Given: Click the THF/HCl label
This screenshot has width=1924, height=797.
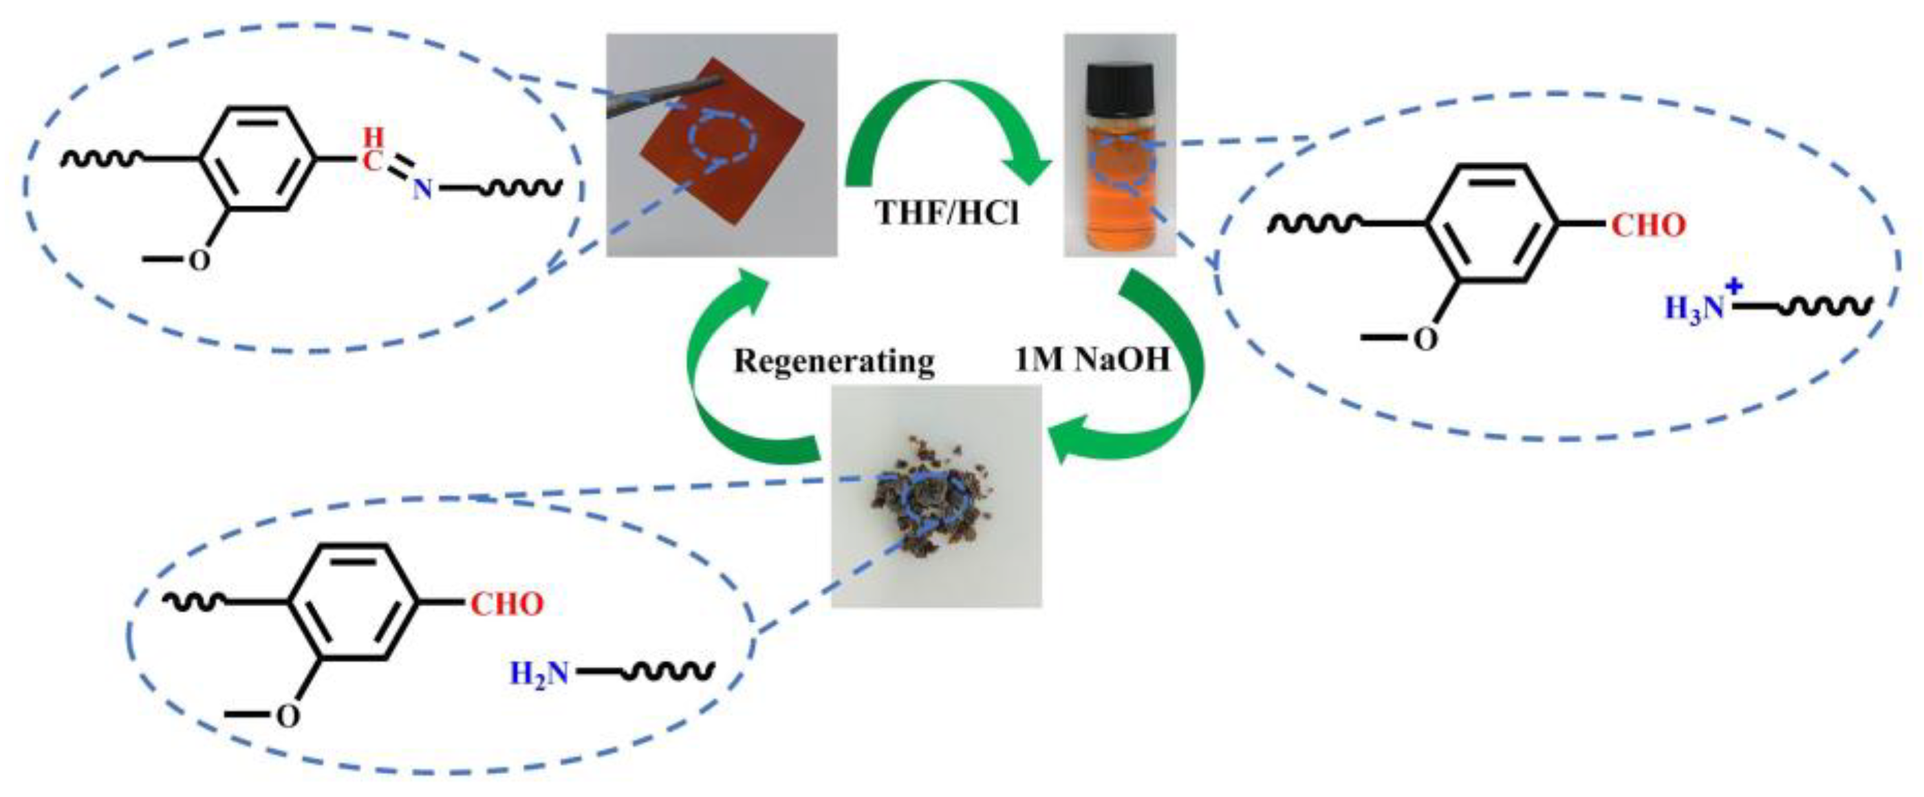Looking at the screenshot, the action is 947,213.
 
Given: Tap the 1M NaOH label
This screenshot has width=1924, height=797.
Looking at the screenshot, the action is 1091,361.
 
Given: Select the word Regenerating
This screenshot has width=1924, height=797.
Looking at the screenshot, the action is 834,361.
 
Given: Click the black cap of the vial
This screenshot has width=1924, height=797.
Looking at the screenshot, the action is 1120,87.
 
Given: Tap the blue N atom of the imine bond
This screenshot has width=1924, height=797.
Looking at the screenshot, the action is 423,191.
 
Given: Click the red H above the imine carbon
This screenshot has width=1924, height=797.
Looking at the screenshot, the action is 373,137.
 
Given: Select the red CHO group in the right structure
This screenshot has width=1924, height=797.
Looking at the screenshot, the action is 1647,226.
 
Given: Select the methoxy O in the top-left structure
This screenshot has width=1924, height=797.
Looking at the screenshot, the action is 199,262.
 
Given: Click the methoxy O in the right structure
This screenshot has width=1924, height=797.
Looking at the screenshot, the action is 1425,340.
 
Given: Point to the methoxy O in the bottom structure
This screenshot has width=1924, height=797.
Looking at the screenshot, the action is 288,716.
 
